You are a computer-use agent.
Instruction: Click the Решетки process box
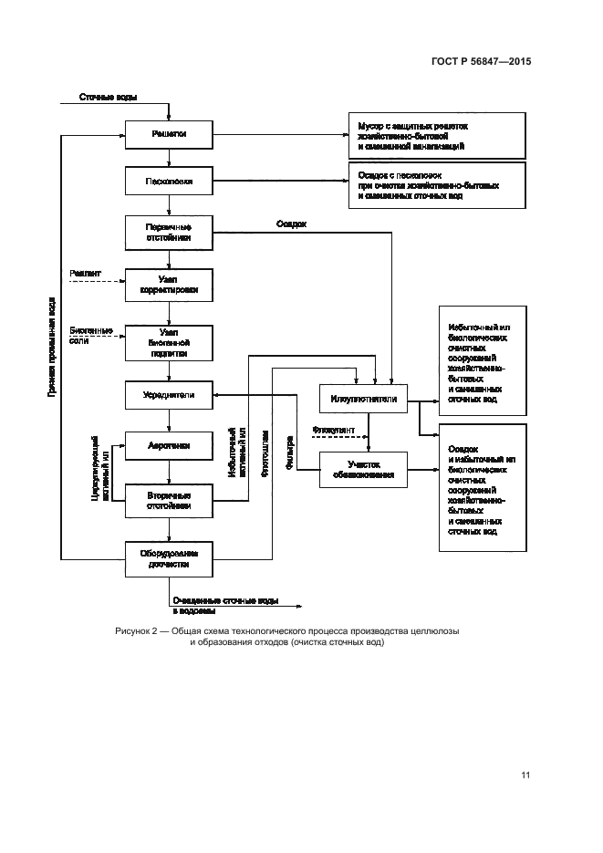coord(169,135)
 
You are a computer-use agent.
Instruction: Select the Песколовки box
coord(169,180)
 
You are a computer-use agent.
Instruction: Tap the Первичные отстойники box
coord(169,233)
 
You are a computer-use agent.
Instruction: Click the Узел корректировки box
coord(169,285)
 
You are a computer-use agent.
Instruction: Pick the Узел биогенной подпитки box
coord(169,341)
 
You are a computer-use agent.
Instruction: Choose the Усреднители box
coord(169,395)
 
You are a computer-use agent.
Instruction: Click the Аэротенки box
coord(169,448)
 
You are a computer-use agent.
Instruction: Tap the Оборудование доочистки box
coord(169,557)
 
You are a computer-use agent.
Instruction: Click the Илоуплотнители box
coord(363,399)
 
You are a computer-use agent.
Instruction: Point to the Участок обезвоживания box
coord(363,469)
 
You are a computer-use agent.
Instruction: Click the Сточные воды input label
coord(108,98)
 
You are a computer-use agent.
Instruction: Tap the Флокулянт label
coord(330,428)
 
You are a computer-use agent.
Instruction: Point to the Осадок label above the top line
coord(291,224)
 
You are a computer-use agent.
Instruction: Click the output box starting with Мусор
coord(437,135)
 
